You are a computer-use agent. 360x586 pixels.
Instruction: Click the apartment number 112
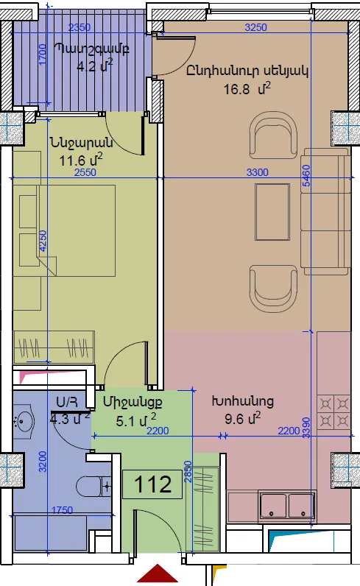click(153, 484)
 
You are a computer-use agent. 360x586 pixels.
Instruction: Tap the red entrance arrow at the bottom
click(158, 574)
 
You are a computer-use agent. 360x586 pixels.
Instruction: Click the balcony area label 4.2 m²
click(94, 66)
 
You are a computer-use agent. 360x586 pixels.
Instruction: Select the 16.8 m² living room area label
click(247, 89)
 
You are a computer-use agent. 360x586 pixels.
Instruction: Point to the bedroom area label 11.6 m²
click(81, 160)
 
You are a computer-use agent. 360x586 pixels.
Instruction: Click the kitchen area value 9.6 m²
click(243, 418)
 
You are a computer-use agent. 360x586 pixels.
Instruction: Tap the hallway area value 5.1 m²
click(136, 420)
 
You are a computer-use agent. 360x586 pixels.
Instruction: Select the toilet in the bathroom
click(93, 486)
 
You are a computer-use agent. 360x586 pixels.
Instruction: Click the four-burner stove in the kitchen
click(333, 413)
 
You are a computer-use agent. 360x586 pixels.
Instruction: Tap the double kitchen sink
click(287, 506)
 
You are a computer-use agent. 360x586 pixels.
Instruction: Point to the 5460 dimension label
click(306, 176)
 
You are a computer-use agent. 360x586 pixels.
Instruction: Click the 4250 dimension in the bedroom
click(43, 241)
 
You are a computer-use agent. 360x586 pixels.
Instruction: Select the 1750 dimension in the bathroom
click(62, 510)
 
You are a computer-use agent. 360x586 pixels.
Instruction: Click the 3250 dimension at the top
click(255, 27)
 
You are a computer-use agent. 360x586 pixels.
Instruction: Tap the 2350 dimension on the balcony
click(80, 27)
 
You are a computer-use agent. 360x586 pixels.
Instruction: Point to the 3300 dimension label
click(258, 172)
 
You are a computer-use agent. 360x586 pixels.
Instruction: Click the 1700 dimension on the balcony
click(43, 54)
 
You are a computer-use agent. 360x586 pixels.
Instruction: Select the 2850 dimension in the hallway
click(188, 472)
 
